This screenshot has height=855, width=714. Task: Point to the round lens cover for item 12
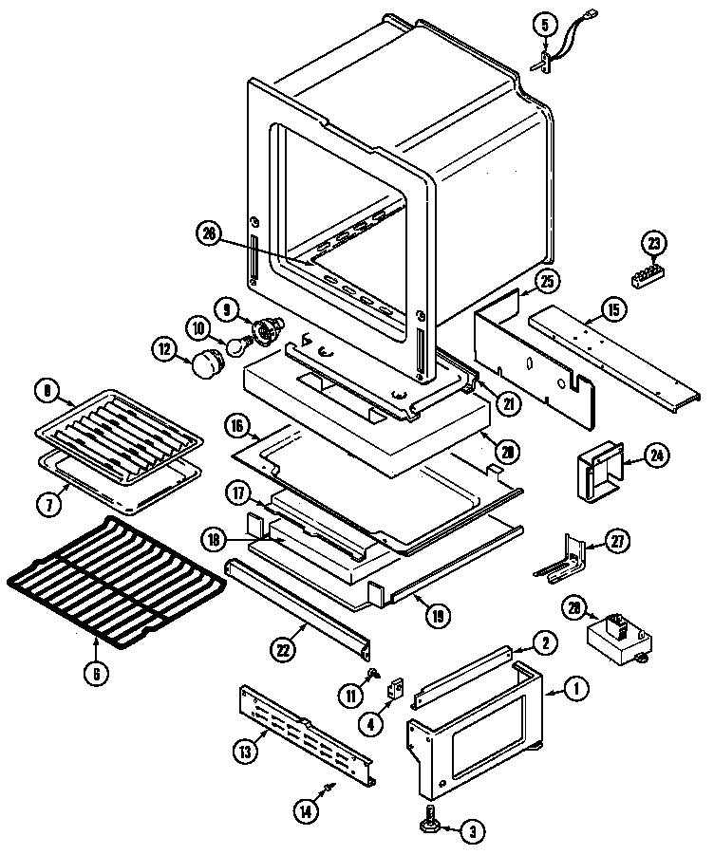coord(208,362)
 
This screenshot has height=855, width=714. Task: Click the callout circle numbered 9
coord(228,308)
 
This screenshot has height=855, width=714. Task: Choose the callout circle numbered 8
coord(46,389)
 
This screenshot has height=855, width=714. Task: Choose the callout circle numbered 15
coord(613,307)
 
